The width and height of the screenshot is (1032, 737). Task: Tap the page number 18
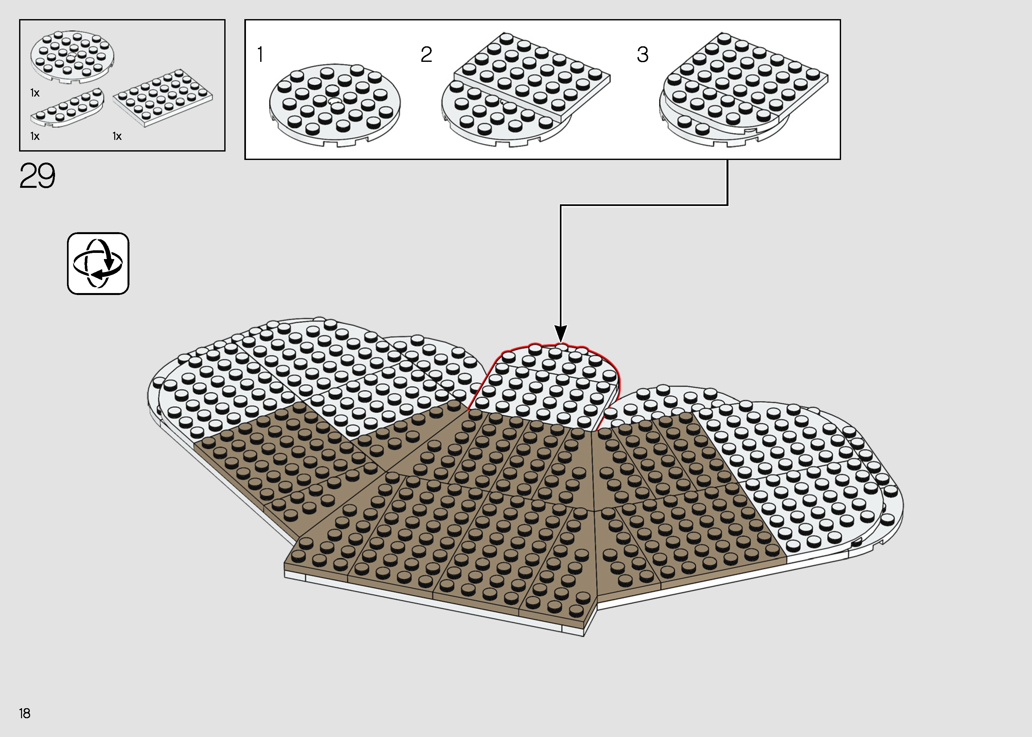25,713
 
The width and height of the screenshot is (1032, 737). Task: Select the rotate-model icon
98,264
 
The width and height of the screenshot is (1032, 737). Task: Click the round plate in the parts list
72,57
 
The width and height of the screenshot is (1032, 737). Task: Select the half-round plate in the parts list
67,108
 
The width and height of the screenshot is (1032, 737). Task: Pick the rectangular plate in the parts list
163,97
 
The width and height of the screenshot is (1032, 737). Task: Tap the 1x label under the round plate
35,93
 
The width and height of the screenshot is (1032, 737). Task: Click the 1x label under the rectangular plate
117,136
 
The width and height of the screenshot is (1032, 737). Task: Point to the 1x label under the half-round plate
35,136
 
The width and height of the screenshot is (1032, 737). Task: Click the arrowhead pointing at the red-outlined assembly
561,333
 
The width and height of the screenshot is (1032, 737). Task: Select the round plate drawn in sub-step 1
335,105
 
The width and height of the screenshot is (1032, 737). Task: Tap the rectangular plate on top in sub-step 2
532,77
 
